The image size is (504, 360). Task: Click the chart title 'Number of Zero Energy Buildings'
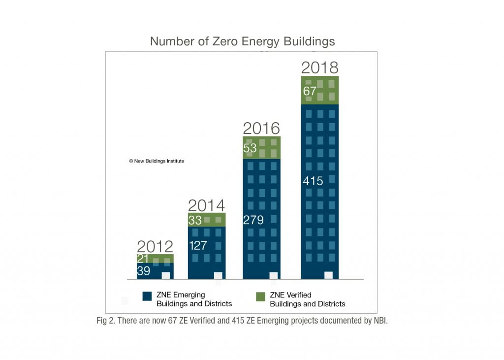pyautogui.click(x=242, y=41)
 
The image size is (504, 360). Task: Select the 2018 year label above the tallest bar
pyautogui.click(x=319, y=67)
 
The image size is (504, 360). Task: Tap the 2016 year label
pyautogui.click(x=261, y=128)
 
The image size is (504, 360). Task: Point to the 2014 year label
pyautogui.click(x=206, y=205)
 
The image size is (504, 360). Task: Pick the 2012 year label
pyautogui.click(x=155, y=246)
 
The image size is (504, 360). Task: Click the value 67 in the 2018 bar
pyautogui.click(x=310, y=91)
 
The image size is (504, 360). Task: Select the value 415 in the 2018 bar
pyautogui.click(x=313, y=181)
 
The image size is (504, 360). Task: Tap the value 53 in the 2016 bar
pyautogui.click(x=251, y=148)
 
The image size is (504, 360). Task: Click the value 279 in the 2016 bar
pyautogui.click(x=253, y=220)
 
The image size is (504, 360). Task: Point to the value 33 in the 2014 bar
pyautogui.click(x=195, y=220)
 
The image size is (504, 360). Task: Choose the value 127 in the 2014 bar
pyautogui.click(x=198, y=245)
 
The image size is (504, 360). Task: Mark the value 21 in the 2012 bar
pyautogui.click(x=143, y=259)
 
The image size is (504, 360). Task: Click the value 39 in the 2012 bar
pyautogui.click(x=143, y=271)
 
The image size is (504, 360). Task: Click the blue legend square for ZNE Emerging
pyautogui.click(x=147, y=296)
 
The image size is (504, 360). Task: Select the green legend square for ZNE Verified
pyautogui.click(x=260, y=296)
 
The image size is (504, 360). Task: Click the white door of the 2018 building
pyautogui.click(x=328, y=275)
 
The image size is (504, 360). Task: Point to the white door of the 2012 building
pyautogui.click(x=166, y=276)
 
